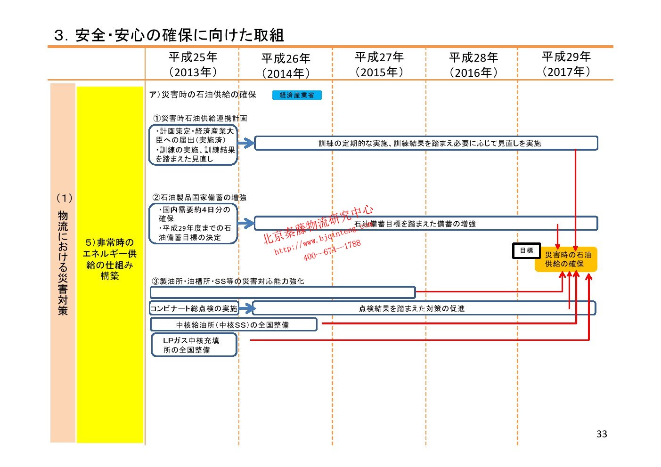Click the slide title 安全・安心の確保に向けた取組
click(169, 35)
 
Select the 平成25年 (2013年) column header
click(193, 64)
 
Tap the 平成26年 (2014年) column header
click(286, 65)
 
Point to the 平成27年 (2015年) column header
click(379, 64)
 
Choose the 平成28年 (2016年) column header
click(473, 65)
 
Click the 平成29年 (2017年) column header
click(566, 64)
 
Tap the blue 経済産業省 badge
click(297, 95)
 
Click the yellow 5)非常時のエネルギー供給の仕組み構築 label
click(110, 259)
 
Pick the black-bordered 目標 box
click(526, 251)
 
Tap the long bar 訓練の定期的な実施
click(426, 143)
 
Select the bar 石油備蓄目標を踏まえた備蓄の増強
click(426, 224)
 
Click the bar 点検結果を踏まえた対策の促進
click(424, 308)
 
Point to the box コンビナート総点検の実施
click(194, 308)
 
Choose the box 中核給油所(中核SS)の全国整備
click(233, 325)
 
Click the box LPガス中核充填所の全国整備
click(194, 345)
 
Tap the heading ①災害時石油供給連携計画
click(200, 118)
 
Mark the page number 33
click(602, 434)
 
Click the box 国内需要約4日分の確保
click(194, 224)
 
